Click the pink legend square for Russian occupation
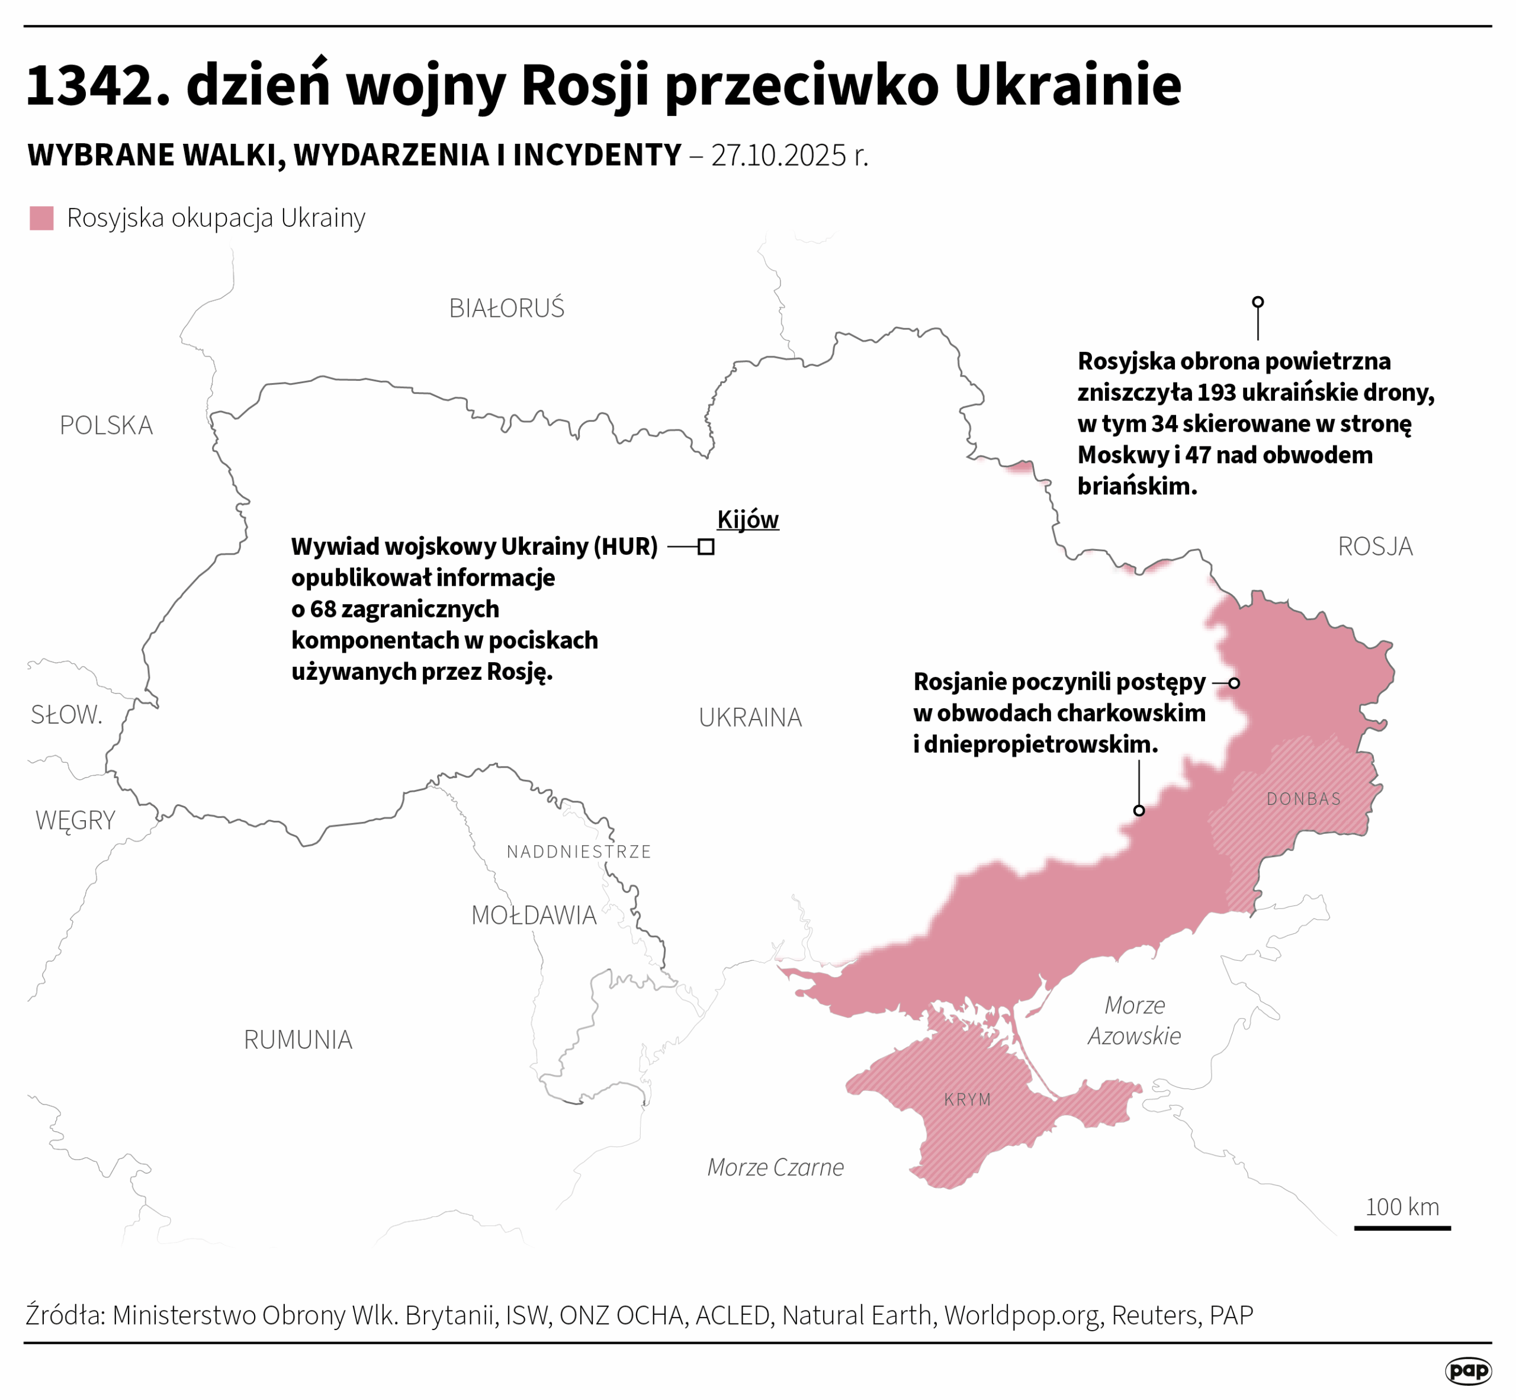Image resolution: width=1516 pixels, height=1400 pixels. click(41, 218)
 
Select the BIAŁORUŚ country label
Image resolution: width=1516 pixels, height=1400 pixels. click(506, 309)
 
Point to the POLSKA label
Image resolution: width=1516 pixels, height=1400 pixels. click(106, 426)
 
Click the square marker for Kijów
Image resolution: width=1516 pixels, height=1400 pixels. click(706, 547)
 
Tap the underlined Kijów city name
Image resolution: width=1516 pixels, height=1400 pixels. click(748, 520)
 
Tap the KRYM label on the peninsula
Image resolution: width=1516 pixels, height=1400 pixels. click(968, 1100)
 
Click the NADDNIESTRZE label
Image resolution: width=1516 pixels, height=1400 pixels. click(579, 852)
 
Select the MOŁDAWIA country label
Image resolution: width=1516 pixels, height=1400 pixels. click(534, 916)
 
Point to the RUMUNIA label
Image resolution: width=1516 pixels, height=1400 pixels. click(298, 1040)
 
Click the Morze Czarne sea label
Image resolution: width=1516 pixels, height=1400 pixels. click(775, 1167)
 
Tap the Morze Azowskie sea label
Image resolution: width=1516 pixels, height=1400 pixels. click(1134, 1020)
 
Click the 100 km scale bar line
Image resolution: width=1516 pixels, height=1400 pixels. click(1402, 1228)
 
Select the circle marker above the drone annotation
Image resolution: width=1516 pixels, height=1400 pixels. click(1258, 302)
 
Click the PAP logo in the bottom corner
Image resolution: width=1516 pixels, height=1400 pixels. click(1467, 1370)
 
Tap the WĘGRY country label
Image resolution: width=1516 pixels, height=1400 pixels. click(75, 820)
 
